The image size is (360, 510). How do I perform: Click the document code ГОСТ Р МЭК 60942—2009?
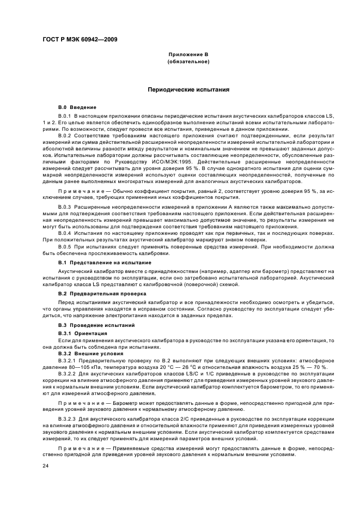[79, 39]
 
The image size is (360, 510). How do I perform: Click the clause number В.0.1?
[65, 116]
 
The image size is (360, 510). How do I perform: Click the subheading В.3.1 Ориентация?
[82, 332]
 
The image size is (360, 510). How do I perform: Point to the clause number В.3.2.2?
[67, 375]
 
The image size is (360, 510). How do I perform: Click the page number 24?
[46, 466]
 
